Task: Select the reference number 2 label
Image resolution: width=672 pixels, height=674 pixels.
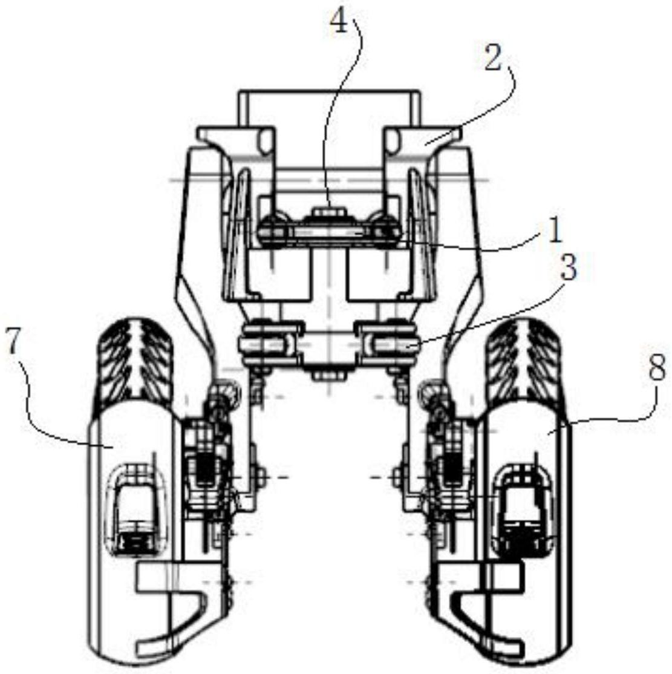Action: [492, 59]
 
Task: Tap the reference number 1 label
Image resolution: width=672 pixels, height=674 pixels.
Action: [555, 230]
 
